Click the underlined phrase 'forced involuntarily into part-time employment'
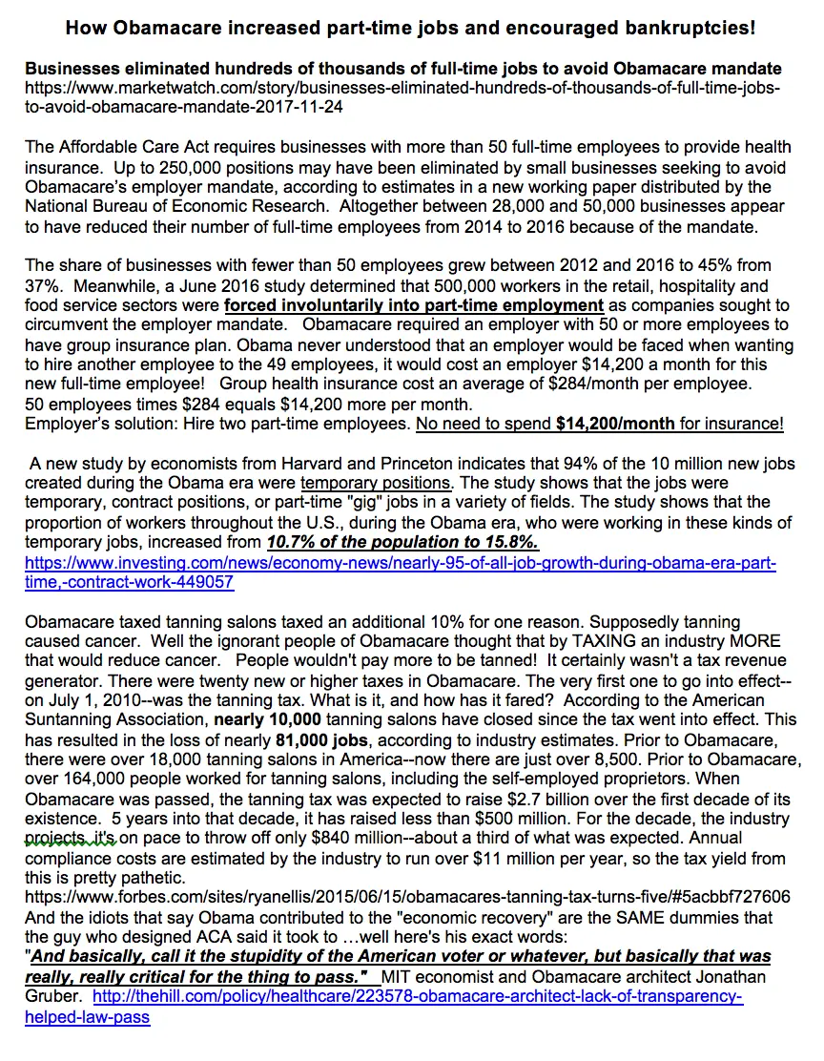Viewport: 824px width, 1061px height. tap(414, 305)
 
